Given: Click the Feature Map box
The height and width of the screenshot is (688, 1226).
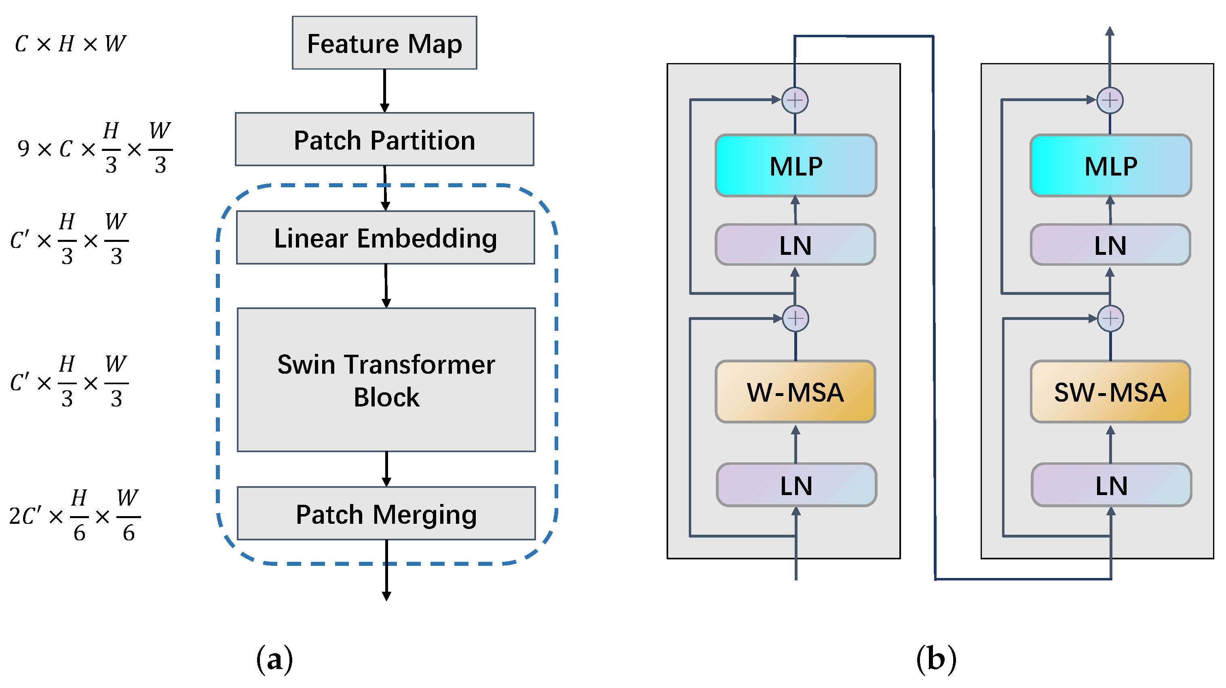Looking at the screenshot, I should tap(384, 43).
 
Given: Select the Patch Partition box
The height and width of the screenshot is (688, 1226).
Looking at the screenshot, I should tap(384, 140).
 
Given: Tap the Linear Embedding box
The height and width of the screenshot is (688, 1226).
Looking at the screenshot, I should tap(386, 237).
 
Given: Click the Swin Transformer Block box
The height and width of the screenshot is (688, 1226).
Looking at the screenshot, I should tap(386, 379).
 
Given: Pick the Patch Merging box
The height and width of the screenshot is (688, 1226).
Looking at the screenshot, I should tap(386, 513).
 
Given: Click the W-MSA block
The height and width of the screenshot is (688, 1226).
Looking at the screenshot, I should tap(795, 392).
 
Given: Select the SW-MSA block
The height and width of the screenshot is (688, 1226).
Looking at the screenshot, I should tap(1110, 392).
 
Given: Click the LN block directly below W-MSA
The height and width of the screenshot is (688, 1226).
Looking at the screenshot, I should tap(796, 485).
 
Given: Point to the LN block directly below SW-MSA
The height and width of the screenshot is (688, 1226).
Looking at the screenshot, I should tap(1111, 485).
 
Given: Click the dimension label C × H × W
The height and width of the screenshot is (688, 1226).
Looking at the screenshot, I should tap(70, 44).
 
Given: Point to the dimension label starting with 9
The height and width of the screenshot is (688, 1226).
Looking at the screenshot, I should tap(94, 148).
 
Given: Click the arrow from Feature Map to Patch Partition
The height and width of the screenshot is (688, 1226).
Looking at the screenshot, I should tap(384, 91).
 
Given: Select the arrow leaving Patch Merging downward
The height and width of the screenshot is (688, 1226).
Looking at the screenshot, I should tap(386, 570).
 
